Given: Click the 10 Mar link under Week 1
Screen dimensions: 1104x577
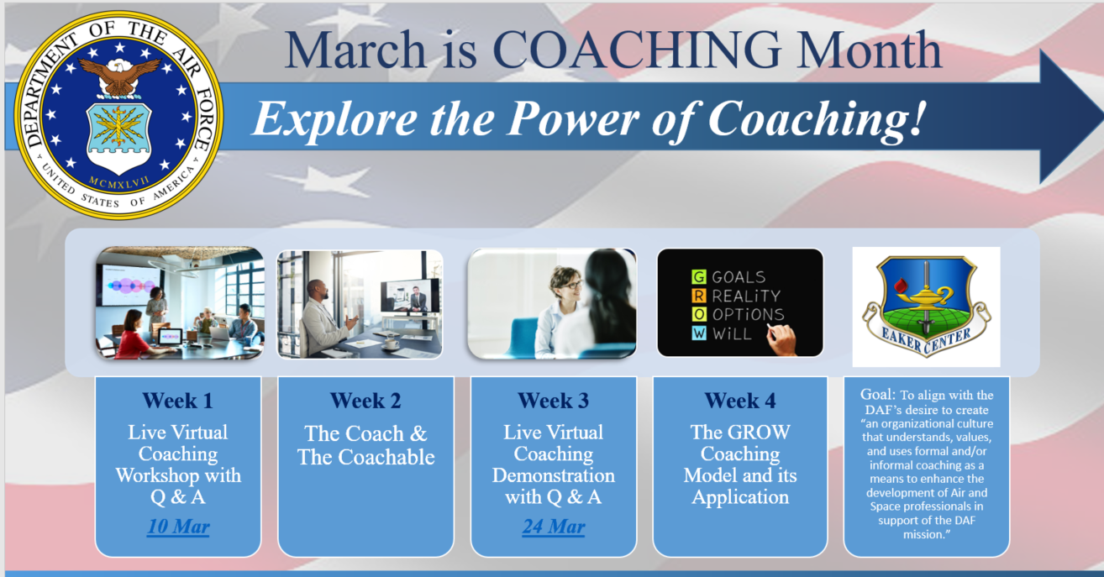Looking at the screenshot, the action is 178,527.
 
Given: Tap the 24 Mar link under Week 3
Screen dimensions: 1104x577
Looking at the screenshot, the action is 554,527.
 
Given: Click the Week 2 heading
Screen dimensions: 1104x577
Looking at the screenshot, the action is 365,401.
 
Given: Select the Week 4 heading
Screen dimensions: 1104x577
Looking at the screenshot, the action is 739,401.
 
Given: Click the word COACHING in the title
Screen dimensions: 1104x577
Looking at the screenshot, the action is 636,50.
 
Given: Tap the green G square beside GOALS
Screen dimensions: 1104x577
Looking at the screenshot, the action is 698,277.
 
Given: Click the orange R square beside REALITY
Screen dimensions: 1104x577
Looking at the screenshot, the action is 698,296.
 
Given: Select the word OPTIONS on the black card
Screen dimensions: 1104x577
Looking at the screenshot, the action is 748,314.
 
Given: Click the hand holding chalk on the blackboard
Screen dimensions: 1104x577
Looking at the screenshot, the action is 781,339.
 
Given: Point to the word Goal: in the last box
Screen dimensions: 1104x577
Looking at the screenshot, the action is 878,394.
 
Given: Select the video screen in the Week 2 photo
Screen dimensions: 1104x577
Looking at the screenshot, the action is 410,296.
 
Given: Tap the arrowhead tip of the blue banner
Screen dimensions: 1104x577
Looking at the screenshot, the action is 1102,117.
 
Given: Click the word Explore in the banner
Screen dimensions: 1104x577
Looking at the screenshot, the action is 335,119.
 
